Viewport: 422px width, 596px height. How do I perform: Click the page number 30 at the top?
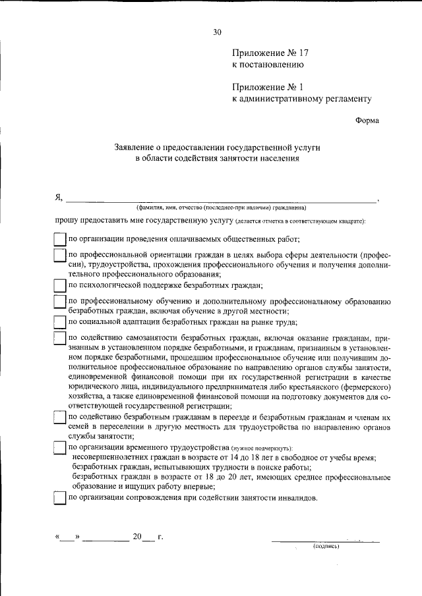pyautogui.click(x=217, y=31)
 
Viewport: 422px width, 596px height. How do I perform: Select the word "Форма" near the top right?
pyautogui.click(x=367, y=121)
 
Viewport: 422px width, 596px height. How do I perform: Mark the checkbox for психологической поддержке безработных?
pyautogui.click(x=59, y=285)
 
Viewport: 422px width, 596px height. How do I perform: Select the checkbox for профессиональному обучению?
pyautogui.click(x=59, y=302)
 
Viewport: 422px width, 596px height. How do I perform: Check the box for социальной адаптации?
pyautogui.click(x=59, y=322)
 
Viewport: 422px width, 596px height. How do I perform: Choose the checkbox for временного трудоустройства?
pyautogui.click(x=59, y=448)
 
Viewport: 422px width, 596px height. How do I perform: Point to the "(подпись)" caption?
pyautogui.click(x=326, y=547)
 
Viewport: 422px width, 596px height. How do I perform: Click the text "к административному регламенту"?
pyautogui.click(x=302, y=99)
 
